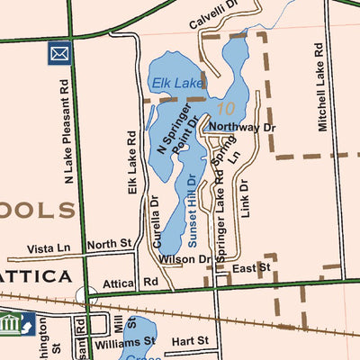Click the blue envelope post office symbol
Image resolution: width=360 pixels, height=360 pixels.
(59, 54)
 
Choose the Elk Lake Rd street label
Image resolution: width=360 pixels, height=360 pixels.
(131, 163)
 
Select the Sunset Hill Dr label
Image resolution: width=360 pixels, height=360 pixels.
(191, 208)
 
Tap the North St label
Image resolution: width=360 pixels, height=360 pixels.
(110, 244)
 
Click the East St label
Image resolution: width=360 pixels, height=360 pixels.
(250, 268)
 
